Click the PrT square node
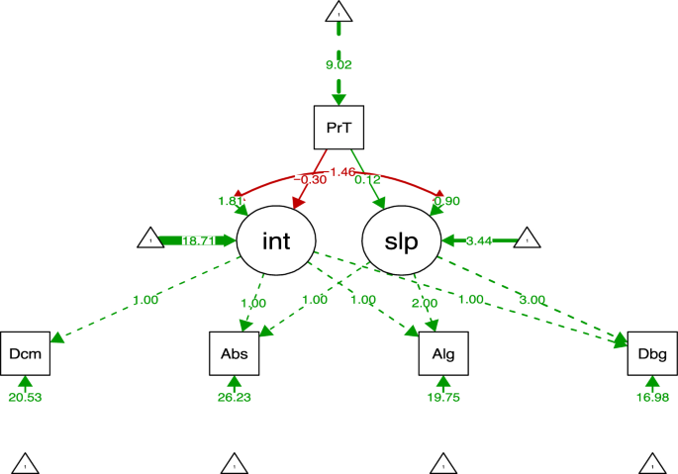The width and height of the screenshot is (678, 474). [x=339, y=128]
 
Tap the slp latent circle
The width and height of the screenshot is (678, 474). [x=401, y=240]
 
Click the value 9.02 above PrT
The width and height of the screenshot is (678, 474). [x=339, y=65]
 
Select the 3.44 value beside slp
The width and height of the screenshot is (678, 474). [x=479, y=240]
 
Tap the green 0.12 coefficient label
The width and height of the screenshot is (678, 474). [x=367, y=179]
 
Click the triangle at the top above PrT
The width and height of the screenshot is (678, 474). [x=339, y=13]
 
